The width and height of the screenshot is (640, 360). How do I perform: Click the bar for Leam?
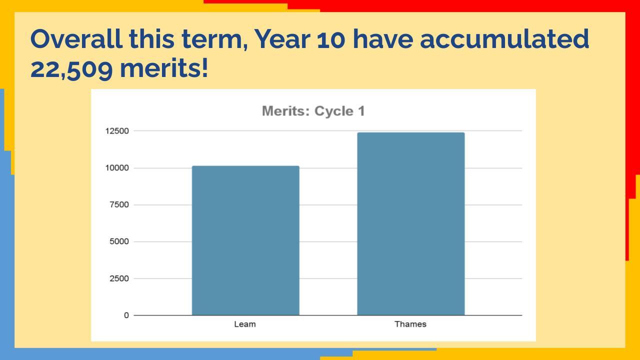click(x=245, y=240)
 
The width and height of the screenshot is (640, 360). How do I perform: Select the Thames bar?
click(x=410, y=223)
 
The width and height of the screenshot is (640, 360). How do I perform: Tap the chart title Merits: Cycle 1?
click(x=313, y=111)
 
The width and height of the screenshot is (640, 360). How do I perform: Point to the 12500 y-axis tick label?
click(x=116, y=131)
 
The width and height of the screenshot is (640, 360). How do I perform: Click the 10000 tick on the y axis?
click(x=116, y=168)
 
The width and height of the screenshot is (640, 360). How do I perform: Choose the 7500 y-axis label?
click(x=119, y=205)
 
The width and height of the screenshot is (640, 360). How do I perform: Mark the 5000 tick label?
click(x=119, y=241)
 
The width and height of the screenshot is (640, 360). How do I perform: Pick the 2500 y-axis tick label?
click(x=119, y=278)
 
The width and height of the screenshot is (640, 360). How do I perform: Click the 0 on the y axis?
click(x=126, y=315)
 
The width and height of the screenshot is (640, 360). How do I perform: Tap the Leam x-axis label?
click(x=245, y=324)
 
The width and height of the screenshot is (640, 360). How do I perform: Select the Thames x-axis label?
click(x=410, y=324)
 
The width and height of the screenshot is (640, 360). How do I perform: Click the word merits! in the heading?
click(x=164, y=68)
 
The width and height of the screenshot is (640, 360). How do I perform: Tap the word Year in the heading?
click(x=282, y=39)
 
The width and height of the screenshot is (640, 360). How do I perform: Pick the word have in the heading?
click(x=382, y=39)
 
